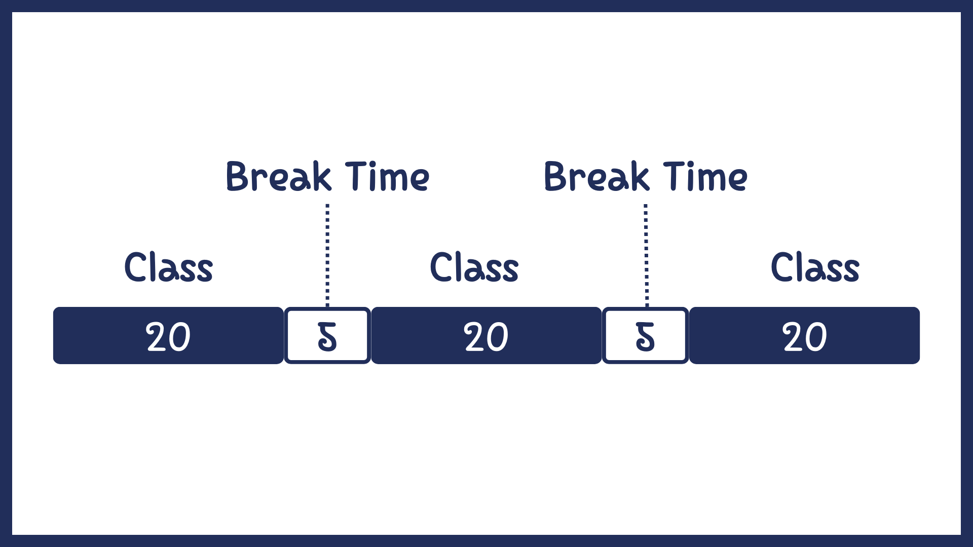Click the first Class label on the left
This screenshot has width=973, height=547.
pos(169,267)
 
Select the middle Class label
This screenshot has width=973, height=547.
pos(474,267)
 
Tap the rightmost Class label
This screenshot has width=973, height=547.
pos(815,267)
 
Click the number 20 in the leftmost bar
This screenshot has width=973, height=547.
pos(168,337)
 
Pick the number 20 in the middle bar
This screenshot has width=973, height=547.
pos(486,337)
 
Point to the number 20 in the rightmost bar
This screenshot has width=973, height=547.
pos(805,337)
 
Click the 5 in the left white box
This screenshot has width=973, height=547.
pos(327,337)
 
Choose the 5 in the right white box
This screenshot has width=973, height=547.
pos(645,337)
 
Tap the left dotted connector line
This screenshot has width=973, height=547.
pos(327,255)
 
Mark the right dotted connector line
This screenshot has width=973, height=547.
pos(646,255)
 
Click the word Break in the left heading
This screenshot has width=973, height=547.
pos(278,176)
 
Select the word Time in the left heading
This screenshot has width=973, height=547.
pos(387,176)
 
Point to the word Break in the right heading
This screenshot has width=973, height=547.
pos(596,176)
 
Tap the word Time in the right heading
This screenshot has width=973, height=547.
pos(705,176)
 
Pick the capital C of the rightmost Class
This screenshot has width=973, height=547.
pos(782,267)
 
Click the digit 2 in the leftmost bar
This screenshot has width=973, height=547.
pos(156,337)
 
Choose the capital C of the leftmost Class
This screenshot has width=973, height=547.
pos(136,267)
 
